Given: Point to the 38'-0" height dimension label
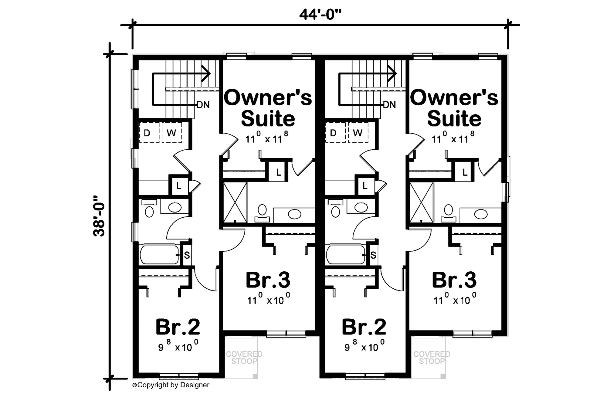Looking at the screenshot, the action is [x=99, y=216].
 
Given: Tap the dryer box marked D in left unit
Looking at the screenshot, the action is [x=149, y=132].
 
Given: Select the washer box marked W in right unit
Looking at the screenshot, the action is [x=358, y=132].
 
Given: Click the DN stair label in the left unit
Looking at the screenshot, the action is [x=203, y=105].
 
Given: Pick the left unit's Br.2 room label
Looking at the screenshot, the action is [x=178, y=327].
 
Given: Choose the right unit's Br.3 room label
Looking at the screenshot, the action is [x=454, y=280].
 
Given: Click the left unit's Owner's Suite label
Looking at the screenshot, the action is [x=268, y=108].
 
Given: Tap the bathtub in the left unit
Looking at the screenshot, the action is [x=159, y=254].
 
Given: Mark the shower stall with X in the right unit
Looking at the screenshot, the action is [x=421, y=202].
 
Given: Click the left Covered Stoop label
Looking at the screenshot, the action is [x=244, y=358].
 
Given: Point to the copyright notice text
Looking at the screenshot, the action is [x=171, y=385].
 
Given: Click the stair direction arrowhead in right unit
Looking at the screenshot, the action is [x=393, y=74].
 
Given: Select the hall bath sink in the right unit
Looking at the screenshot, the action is [x=361, y=208].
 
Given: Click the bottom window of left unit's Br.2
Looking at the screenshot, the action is [x=179, y=376].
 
